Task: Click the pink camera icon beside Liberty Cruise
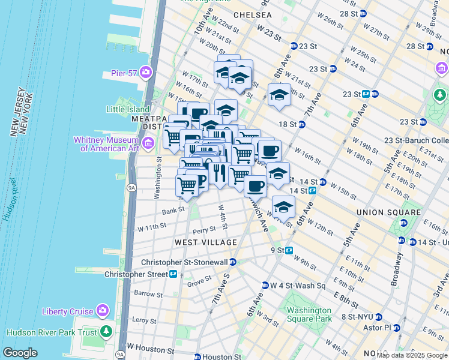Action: [103, 311]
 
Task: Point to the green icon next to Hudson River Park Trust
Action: [106, 331]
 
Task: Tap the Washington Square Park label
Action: [309, 314]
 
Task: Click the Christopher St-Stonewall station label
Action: [184, 262]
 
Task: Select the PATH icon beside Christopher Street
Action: [173, 274]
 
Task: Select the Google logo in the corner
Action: [20, 353]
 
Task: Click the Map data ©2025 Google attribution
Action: [412, 355]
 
